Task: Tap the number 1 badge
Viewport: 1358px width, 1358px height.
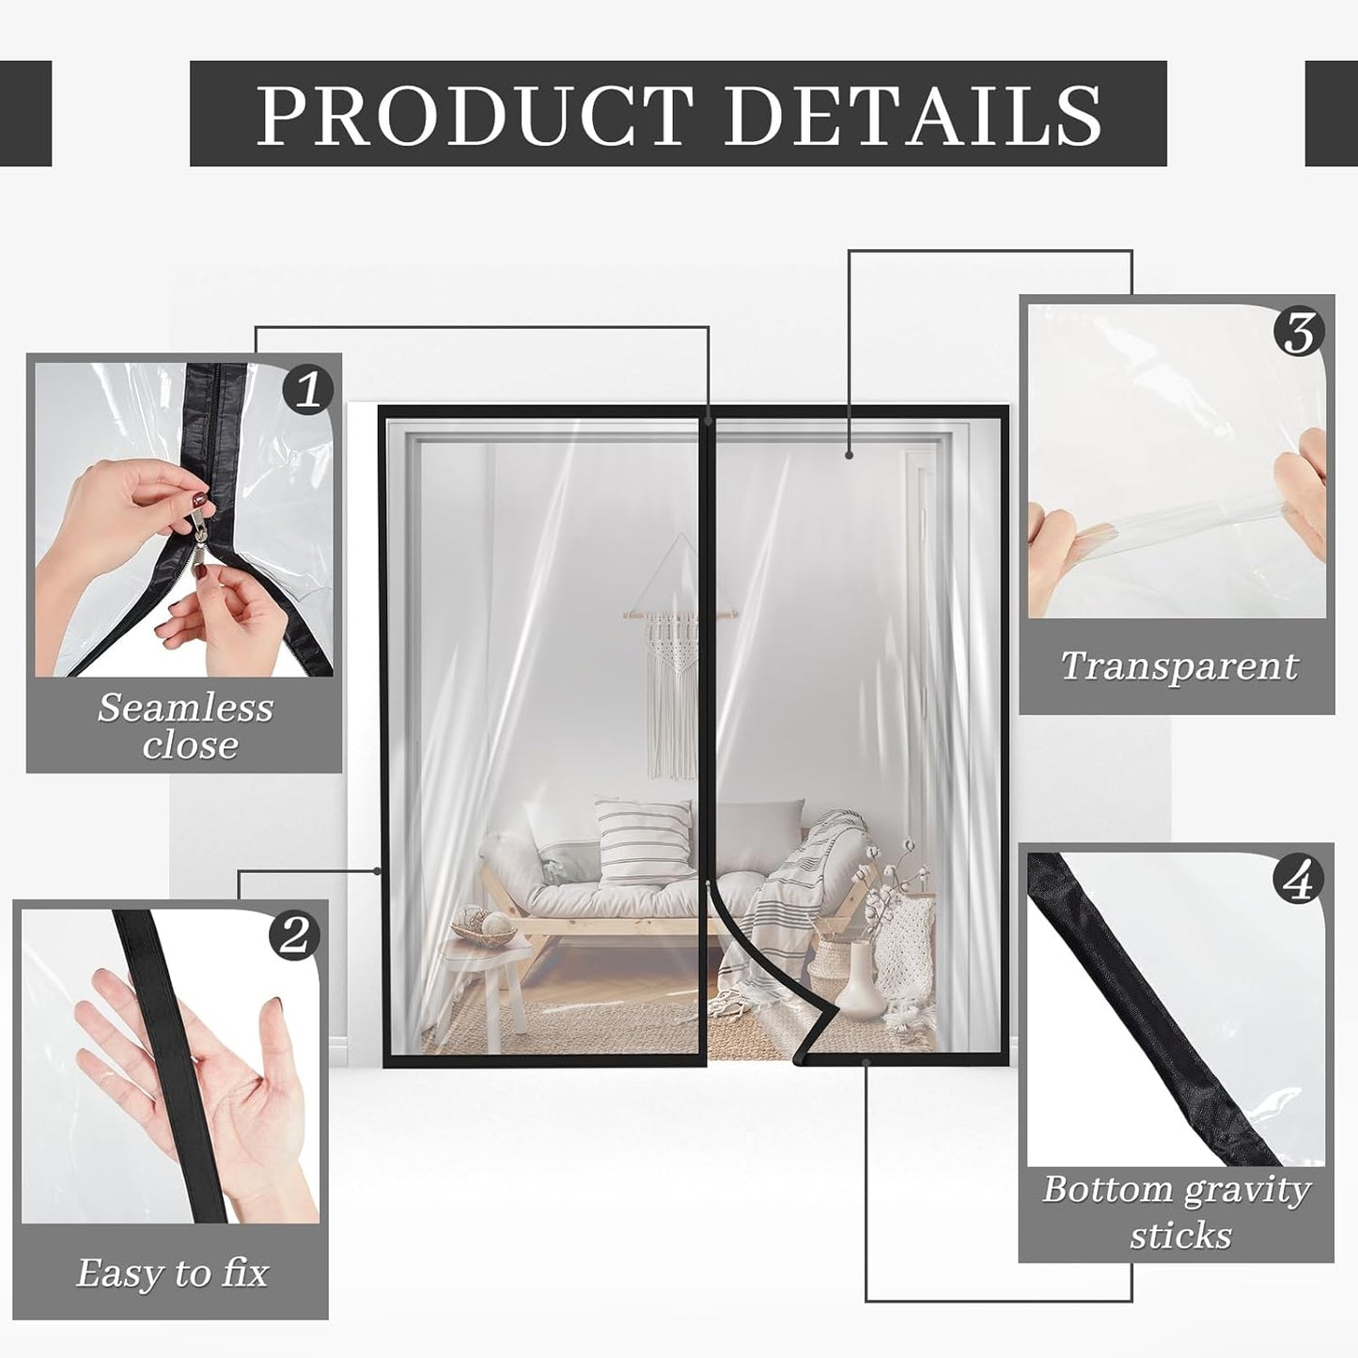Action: click(x=308, y=389)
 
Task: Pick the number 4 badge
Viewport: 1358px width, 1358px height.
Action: click(x=1298, y=881)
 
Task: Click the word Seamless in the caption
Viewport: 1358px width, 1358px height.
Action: click(x=185, y=708)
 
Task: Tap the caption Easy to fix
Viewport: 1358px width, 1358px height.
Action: click(x=172, y=1273)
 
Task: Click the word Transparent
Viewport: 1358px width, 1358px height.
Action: click(x=1178, y=666)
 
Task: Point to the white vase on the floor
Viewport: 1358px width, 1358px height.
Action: click(x=859, y=981)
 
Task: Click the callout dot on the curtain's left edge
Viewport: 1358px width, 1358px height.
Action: click(x=378, y=870)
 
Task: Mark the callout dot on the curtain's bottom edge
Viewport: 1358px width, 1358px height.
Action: click(x=866, y=1062)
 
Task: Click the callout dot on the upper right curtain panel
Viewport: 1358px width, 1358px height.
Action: click(x=849, y=455)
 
